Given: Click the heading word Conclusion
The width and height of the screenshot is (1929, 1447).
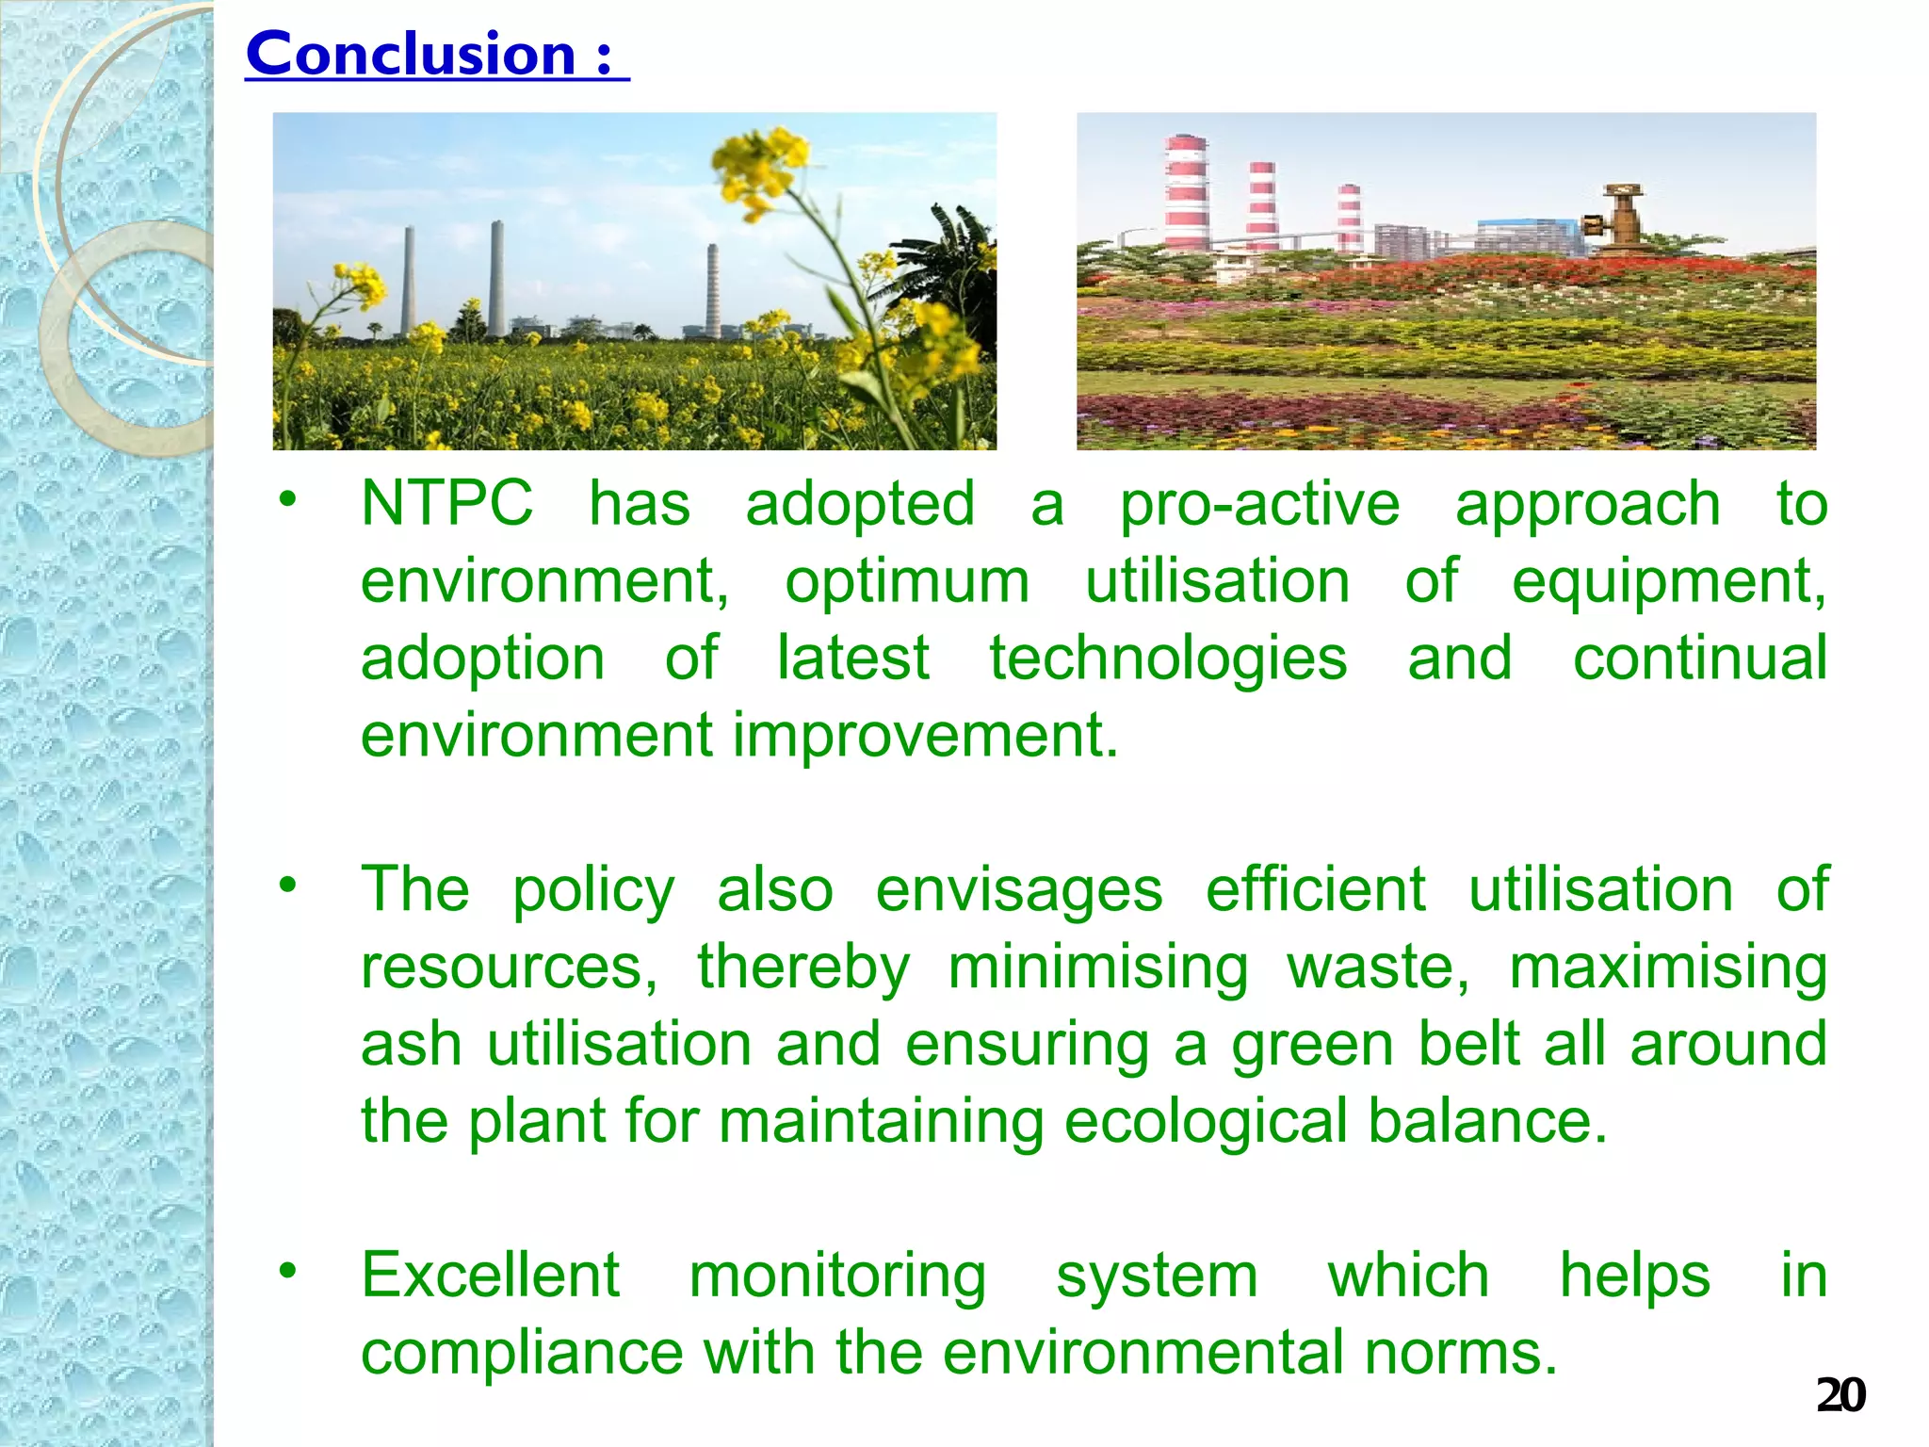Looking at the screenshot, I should tap(411, 55).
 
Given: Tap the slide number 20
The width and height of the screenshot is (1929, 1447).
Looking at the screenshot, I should tap(1840, 1395).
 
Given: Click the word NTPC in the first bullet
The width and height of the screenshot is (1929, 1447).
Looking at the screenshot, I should tap(446, 503).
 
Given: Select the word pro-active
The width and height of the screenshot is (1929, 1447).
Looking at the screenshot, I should tap(1259, 505).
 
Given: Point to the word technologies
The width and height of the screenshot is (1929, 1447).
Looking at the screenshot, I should tap(1168, 658).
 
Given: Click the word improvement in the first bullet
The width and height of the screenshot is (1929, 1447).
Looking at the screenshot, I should tap(925, 735).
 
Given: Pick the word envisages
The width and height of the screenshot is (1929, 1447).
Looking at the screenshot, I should tap(1019, 890).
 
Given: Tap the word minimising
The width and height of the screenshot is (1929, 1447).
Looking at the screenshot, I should tap(1098, 967).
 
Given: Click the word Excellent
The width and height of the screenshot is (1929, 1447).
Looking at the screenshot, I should tap(491, 1276).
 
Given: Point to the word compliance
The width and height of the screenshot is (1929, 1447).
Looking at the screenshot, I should tap(522, 1353).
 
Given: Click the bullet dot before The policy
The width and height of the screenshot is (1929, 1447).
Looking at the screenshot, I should tap(287, 884).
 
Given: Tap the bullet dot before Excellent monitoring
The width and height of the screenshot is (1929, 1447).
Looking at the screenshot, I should tap(287, 1270).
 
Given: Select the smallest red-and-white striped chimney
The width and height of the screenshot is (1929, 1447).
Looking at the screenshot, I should tap(1350, 219).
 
